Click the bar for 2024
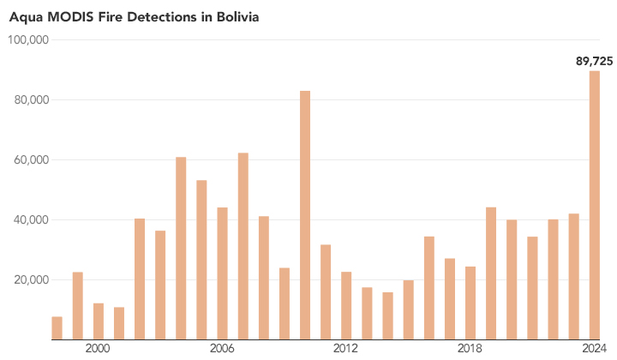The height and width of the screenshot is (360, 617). pyautogui.click(x=594, y=205)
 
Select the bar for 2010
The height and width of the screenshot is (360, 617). pyautogui.click(x=304, y=214)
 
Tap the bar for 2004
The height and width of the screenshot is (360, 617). pyautogui.click(x=181, y=248)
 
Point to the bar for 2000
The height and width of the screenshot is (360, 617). pyautogui.click(x=99, y=321)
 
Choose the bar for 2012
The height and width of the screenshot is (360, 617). pyautogui.click(x=346, y=305)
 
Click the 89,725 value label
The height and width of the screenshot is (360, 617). pyautogui.click(x=593, y=60)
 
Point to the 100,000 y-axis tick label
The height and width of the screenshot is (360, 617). pyautogui.click(x=30, y=40)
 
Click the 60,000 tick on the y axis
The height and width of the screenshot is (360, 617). pyautogui.click(x=33, y=160)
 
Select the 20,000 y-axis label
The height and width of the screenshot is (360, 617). pyautogui.click(x=33, y=280)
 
